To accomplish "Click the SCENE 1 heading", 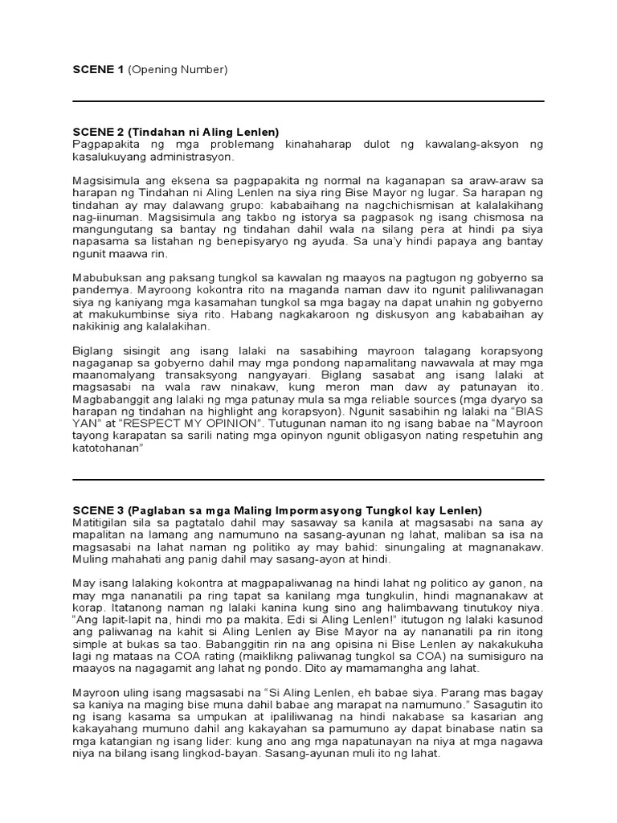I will pos(98,70).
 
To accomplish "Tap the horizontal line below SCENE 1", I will pos(308,101).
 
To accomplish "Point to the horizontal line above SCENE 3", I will pos(308,480).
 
